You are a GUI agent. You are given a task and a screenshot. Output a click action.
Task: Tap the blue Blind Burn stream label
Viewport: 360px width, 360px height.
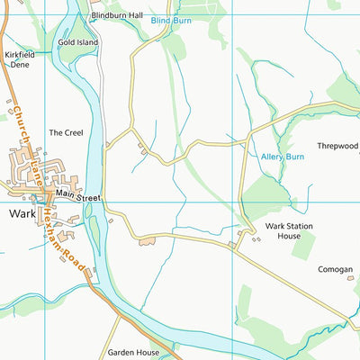point(172,19)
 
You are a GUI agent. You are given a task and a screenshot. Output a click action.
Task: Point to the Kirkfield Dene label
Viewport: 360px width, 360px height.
point(18,59)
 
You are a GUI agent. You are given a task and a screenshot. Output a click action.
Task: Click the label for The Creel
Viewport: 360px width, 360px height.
point(66,132)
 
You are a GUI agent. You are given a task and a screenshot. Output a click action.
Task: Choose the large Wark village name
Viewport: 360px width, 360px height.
point(22,214)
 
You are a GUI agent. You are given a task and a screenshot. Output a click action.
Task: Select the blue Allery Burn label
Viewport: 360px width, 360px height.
point(283,157)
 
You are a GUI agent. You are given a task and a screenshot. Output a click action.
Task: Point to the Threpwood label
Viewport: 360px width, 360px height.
point(337,146)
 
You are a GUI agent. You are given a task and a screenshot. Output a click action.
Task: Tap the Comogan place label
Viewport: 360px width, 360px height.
point(335,269)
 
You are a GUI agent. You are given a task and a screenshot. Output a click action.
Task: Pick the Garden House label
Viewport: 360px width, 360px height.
point(132,353)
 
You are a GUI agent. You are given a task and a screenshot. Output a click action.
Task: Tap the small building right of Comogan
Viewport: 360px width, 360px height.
point(352,278)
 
